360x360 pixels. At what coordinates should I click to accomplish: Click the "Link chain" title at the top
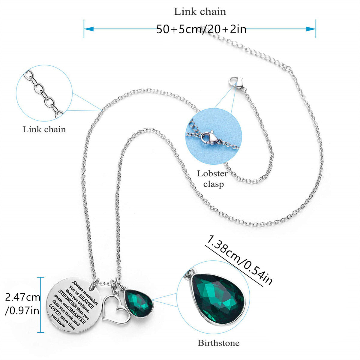point(200,12)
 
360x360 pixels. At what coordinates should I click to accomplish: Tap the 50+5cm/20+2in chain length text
point(201,29)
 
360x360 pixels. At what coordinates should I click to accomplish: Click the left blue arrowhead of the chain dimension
point(89,29)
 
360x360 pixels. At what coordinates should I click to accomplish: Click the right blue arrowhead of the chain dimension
point(311,29)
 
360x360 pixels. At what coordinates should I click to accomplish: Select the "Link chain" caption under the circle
point(44,130)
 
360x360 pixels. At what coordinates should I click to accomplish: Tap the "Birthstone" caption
point(219,343)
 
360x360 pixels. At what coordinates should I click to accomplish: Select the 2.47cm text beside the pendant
point(22,297)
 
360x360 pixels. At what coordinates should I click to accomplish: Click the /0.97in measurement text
point(22,311)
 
